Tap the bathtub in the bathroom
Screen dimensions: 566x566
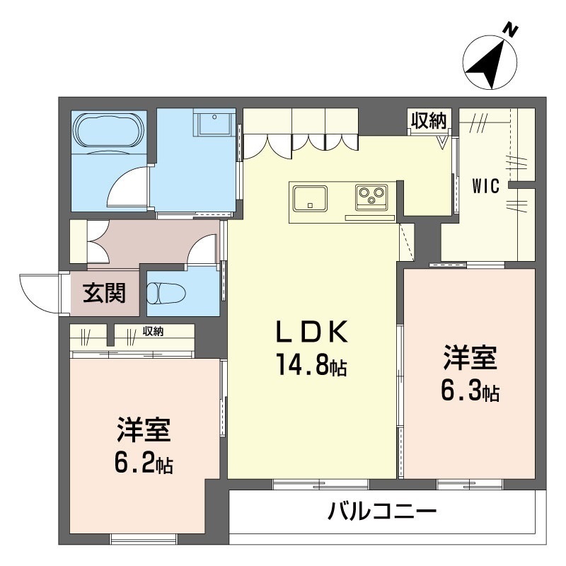(x=110, y=129)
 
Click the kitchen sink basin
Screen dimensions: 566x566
(x=308, y=197)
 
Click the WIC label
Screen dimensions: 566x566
(x=487, y=187)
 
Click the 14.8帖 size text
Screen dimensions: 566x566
(x=311, y=366)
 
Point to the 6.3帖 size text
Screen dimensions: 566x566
(x=470, y=391)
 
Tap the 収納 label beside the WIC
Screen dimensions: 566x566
(x=429, y=121)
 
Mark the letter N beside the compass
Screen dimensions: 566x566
(x=512, y=29)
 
